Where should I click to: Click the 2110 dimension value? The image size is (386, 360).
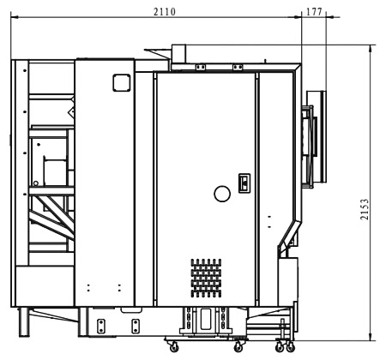[165, 12]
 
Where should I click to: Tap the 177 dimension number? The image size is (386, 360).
[314, 12]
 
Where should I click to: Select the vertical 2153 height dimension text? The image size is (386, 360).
[365, 209]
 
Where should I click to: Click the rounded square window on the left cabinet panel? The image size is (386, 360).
[122, 83]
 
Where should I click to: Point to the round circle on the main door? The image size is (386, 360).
[222, 194]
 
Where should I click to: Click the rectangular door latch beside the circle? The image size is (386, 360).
[244, 183]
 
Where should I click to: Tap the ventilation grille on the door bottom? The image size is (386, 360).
[206, 278]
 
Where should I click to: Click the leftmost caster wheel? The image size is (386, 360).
[174, 347]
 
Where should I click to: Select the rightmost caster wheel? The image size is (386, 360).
[291, 347]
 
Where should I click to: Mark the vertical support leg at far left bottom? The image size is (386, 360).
[24, 322]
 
